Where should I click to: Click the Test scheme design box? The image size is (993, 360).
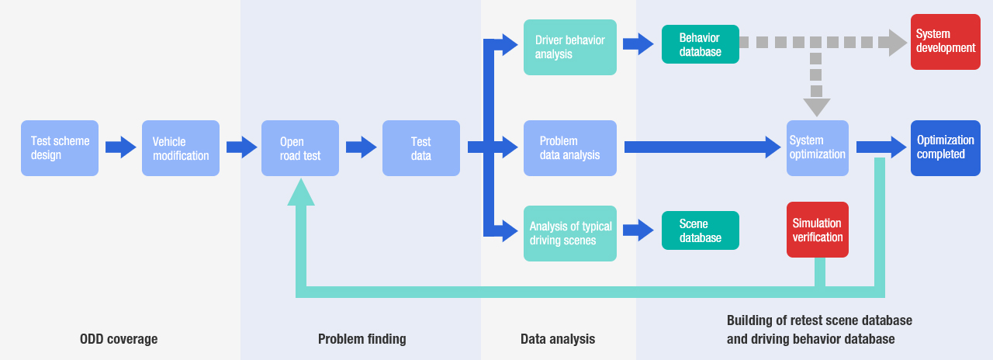pyautogui.click(x=60, y=148)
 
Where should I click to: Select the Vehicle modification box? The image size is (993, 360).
pyautogui.click(x=181, y=148)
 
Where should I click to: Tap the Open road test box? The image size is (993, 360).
pyautogui.click(x=300, y=148)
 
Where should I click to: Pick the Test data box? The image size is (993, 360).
pyautogui.click(x=421, y=148)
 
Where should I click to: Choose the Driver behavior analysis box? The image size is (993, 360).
pyautogui.click(x=570, y=47)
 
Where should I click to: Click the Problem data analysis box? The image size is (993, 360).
pyautogui.click(x=570, y=148)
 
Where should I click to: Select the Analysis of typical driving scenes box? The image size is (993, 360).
pyautogui.click(x=570, y=234)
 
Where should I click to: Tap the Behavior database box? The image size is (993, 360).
pyautogui.click(x=701, y=44)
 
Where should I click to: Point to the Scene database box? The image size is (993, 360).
pyautogui.click(x=701, y=230)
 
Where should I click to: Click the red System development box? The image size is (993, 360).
pyautogui.click(x=945, y=42)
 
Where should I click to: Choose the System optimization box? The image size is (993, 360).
pyautogui.click(x=818, y=148)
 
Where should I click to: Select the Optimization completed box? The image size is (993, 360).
pyautogui.click(x=946, y=148)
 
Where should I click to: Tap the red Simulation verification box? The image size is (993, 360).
pyautogui.click(x=818, y=230)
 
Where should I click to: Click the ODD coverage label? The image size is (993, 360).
pyautogui.click(x=119, y=339)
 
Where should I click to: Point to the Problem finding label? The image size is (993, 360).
pyautogui.click(x=362, y=339)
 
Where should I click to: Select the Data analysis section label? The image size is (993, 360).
pyautogui.click(x=558, y=339)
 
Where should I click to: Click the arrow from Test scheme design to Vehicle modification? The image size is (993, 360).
pyautogui.click(x=121, y=147)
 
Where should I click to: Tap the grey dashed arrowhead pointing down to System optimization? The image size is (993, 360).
pyautogui.click(x=817, y=107)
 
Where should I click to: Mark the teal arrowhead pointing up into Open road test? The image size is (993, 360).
pyautogui.click(x=301, y=192)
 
